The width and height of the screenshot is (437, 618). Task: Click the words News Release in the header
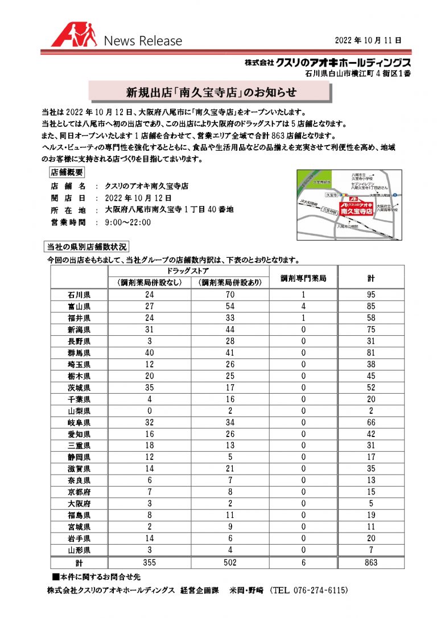tap(143, 41)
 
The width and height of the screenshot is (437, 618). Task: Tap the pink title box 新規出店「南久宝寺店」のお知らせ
tap(211, 92)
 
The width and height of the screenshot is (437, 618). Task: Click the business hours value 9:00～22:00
tap(128, 222)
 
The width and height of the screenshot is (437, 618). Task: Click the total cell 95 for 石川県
tap(370, 295)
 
